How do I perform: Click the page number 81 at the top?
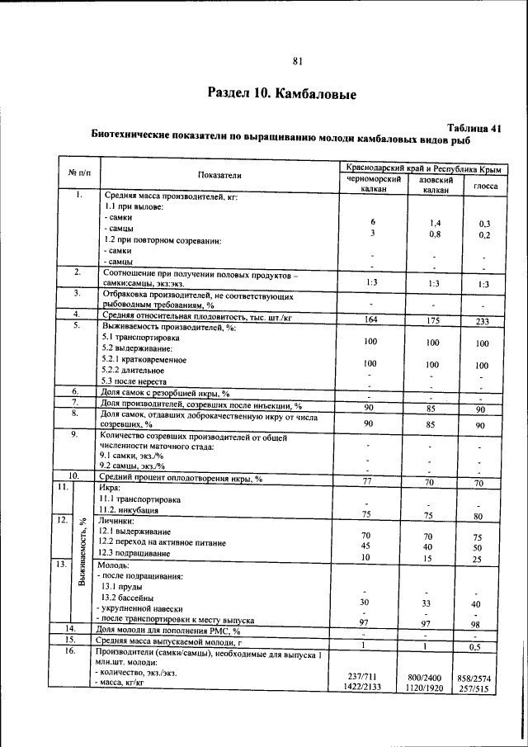click(x=298, y=60)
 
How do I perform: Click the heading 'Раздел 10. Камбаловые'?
click(x=281, y=93)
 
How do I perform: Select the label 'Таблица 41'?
click(x=474, y=128)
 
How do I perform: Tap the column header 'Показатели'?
click(x=219, y=175)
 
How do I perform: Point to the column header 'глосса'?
click(x=483, y=186)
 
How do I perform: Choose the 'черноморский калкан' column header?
click(x=374, y=184)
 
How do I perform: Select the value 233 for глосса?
click(x=483, y=321)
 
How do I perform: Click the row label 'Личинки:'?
click(x=117, y=522)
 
